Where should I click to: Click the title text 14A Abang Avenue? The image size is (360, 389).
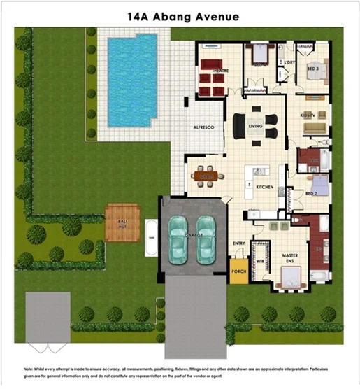(180, 16)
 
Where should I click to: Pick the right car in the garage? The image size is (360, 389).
(206, 239)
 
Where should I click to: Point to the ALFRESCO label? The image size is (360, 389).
(203, 127)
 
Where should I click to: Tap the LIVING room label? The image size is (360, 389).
(256, 126)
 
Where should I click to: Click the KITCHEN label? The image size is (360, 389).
(264, 188)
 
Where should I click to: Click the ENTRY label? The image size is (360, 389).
(238, 243)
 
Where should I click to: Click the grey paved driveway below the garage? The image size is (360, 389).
(195, 315)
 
